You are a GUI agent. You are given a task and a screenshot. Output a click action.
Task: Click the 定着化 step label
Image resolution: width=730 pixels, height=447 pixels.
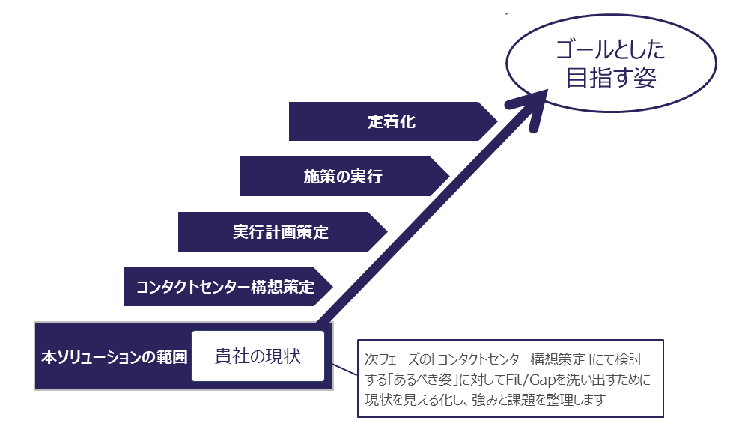(391, 121)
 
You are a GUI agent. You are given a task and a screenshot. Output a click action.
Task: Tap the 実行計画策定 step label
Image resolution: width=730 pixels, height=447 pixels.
(280, 232)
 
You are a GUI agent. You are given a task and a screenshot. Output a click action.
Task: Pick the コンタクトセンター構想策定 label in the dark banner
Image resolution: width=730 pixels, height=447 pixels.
(225, 287)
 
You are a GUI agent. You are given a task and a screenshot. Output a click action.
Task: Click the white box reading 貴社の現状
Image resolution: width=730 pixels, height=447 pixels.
(258, 356)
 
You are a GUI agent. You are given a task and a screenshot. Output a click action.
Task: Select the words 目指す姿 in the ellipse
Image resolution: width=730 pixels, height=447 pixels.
(610, 78)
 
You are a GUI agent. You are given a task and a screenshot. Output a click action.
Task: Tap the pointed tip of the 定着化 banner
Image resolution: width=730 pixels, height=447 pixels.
(495, 121)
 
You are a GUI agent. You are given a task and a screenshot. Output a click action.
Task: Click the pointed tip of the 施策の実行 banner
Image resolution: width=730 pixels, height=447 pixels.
(447, 177)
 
